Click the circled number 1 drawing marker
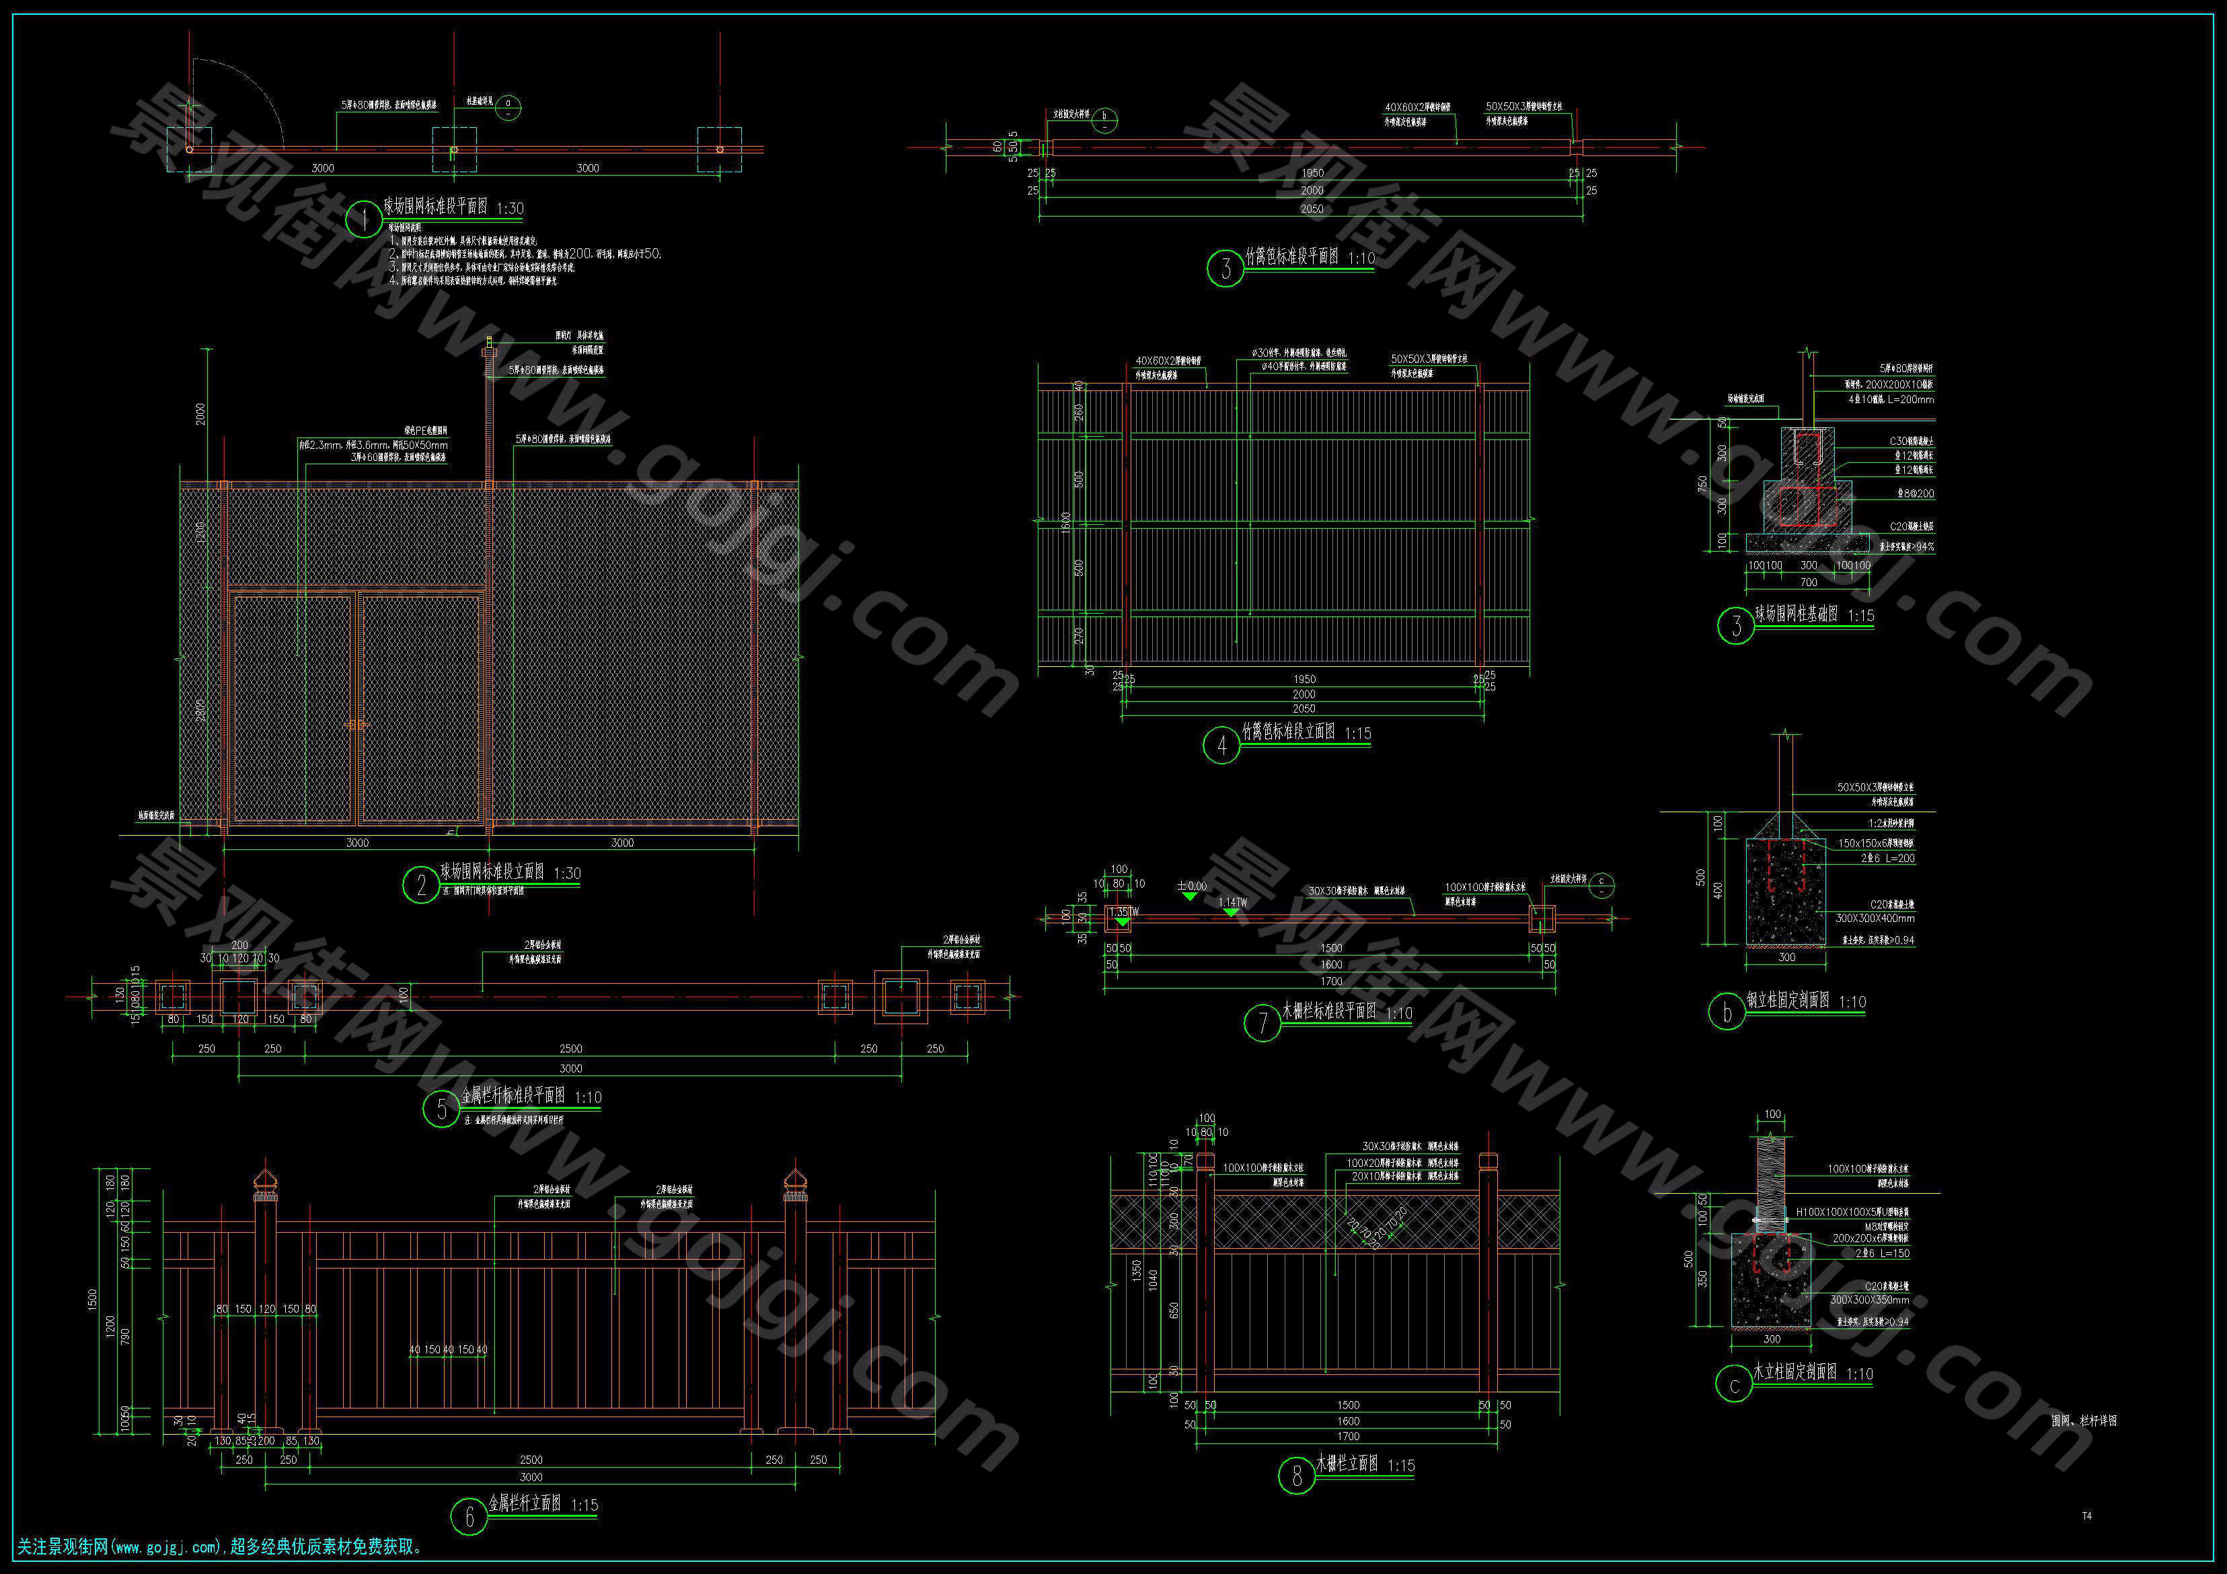pyautogui.click(x=364, y=219)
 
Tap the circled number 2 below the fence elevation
pyautogui.click(x=421, y=884)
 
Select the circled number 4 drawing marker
pyautogui.click(x=1221, y=745)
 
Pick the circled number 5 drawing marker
pyautogui.click(x=441, y=1109)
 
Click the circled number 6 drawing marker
pyautogui.click(x=469, y=1517)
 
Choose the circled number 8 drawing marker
pyautogui.click(x=1297, y=1476)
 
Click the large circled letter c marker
pyautogui.click(x=1734, y=1386)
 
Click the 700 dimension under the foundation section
pyautogui.click(x=1808, y=582)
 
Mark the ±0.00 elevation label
pyautogui.click(x=1192, y=886)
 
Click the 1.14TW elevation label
pyautogui.click(x=1233, y=902)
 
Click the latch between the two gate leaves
pyautogui.click(x=356, y=725)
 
